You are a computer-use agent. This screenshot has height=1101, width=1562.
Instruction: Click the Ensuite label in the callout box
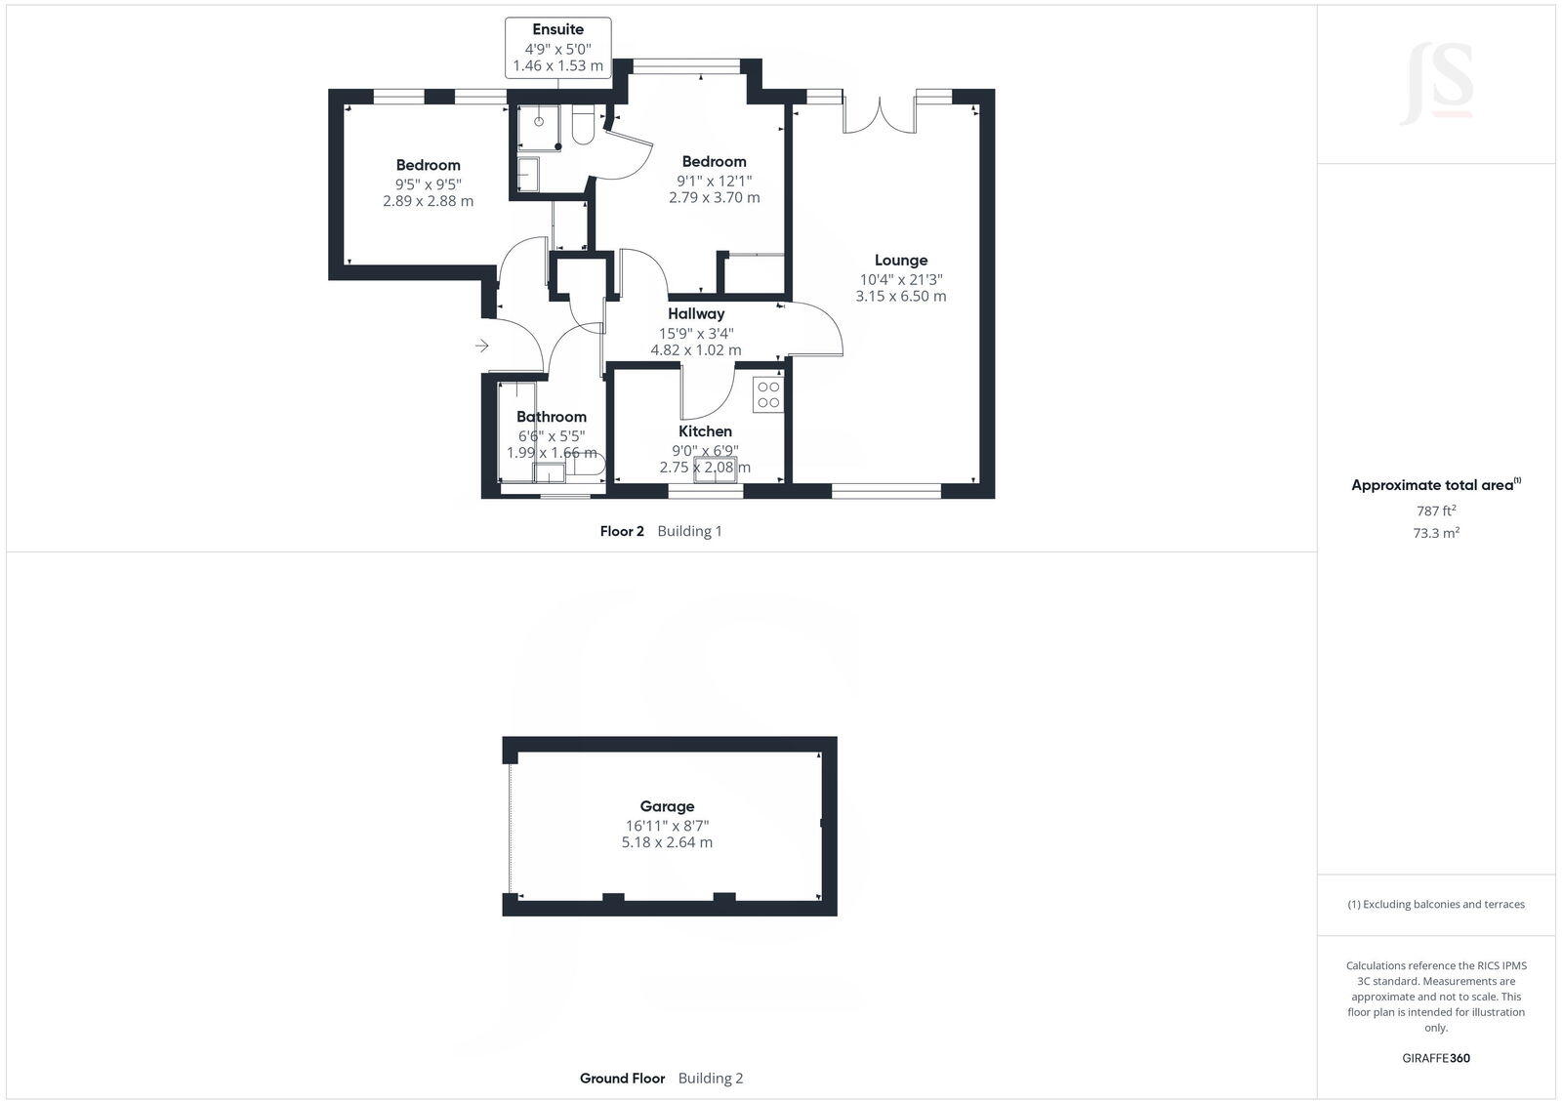[557, 29]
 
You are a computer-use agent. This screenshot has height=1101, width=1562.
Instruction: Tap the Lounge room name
[900, 260]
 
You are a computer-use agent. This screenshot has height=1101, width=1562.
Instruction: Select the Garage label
[667, 806]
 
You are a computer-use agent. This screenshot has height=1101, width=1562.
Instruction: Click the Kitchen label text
[705, 431]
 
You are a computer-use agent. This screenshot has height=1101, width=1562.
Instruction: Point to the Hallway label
[696, 314]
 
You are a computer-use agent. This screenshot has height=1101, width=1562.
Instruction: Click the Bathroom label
[552, 417]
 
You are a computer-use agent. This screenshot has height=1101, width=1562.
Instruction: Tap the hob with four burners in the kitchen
[768, 394]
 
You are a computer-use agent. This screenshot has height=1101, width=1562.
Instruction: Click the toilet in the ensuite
[583, 127]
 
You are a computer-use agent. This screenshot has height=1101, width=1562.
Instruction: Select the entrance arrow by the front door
[482, 346]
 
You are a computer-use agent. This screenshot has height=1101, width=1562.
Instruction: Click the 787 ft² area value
[1436, 510]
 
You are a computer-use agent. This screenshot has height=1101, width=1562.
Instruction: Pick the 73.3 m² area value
[1437, 533]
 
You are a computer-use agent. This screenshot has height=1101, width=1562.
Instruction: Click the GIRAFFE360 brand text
[1436, 1058]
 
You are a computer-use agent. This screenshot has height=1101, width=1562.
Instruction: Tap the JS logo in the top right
[1436, 84]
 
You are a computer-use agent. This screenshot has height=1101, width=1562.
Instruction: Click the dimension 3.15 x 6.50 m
[900, 296]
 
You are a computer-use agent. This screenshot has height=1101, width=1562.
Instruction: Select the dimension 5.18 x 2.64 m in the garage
[667, 842]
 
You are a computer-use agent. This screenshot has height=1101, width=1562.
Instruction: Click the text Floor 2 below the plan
[622, 531]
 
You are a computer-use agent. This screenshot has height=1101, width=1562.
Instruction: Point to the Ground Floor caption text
[622, 1079]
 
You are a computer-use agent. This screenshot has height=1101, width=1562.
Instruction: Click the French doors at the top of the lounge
[880, 112]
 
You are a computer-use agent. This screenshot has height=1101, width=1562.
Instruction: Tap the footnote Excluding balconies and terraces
[1436, 905]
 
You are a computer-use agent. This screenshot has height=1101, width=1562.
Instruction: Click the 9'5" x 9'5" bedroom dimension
[428, 183]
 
